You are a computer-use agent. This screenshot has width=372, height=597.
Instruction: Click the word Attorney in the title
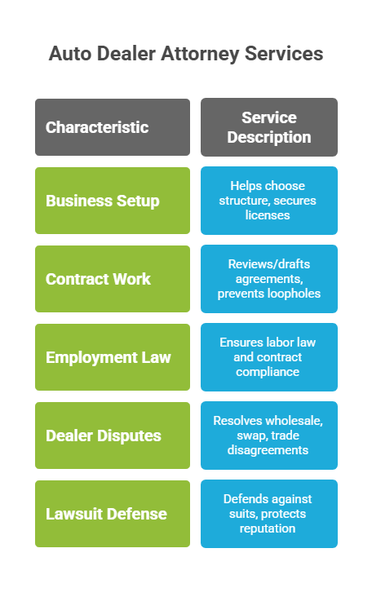[200, 54]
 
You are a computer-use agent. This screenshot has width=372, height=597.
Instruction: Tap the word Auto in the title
[70, 53]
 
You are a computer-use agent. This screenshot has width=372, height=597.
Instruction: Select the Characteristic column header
[113, 127]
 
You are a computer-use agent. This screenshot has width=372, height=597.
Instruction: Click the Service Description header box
[269, 127]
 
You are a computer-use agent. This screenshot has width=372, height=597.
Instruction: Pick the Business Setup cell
[113, 201]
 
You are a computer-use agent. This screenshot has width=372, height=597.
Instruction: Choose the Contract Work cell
[113, 279]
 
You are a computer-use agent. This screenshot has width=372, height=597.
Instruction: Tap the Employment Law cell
[113, 357]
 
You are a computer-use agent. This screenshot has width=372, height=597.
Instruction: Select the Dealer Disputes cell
[113, 436]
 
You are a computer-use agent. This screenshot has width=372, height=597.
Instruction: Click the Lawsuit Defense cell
[113, 514]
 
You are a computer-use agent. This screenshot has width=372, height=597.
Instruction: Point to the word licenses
[268, 215]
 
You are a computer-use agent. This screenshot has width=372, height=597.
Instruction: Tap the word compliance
[268, 372]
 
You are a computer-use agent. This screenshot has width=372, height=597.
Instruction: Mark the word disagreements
[268, 450]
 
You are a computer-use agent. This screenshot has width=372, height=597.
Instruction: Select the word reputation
[268, 528]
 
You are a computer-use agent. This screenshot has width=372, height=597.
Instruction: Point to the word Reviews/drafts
[269, 264]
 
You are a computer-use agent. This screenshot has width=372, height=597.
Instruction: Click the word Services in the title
[284, 53]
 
